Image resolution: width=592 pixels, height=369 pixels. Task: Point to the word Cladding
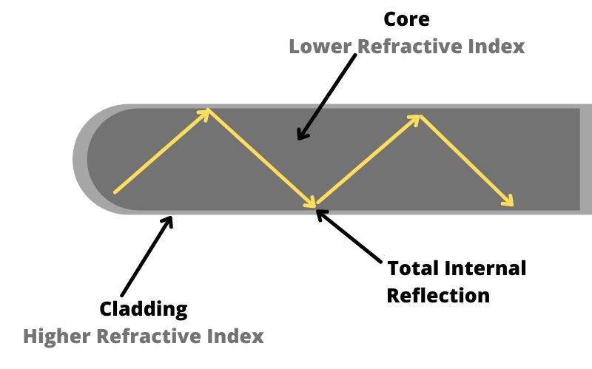tap(144, 309)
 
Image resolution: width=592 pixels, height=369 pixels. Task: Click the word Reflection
tap(438, 296)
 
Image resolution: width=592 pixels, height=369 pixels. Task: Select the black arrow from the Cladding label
tap(146, 255)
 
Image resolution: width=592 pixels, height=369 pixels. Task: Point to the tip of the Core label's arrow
tap(298, 138)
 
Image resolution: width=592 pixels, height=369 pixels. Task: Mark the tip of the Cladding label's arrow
tap(172, 217)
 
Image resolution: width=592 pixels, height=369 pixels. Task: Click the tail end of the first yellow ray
tap(115, 192)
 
